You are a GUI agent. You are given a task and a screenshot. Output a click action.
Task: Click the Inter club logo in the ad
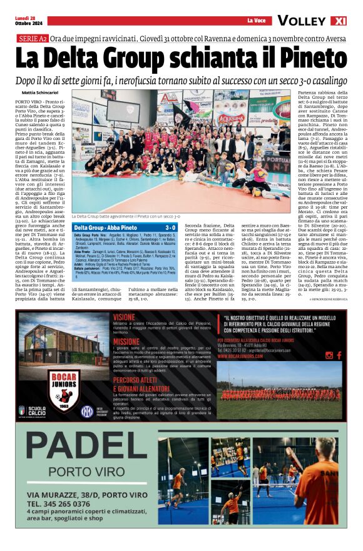(x=87, y=410)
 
